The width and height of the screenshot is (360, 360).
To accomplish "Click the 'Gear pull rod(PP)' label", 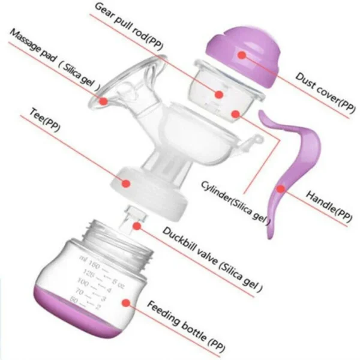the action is point(129,27).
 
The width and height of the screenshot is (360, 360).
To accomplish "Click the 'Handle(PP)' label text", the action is point(329,206).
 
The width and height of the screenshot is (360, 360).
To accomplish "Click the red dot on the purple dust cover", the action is point(242,55).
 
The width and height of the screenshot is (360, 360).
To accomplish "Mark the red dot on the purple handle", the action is point(281,189).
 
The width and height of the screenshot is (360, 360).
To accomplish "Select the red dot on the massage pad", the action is point(103,101).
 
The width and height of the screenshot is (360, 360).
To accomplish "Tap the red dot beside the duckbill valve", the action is point(137,226).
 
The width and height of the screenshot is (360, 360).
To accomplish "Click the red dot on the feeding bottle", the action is point(126,303).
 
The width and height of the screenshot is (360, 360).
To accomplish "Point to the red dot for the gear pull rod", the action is point(219,94).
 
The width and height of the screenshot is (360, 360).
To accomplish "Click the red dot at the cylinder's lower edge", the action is point(236,114).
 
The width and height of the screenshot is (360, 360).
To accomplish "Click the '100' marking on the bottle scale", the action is point(83,282).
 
